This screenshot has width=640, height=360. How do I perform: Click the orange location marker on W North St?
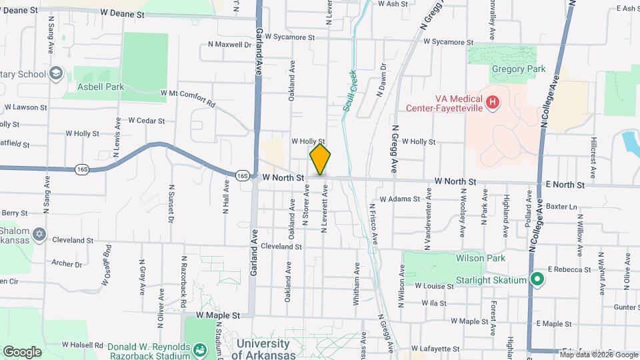[x=320, y=159]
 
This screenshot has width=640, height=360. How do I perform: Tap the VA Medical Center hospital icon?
[x=492, y=102]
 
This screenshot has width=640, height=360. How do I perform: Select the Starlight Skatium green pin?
[x=537, y=280]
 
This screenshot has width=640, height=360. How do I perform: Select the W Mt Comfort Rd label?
[x=187, y=98]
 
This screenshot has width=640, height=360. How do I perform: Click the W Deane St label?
[x=123, y=13]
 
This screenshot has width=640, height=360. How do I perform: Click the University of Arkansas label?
[x=263, y=349]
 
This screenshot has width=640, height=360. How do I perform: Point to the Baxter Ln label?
[x=561, y=207]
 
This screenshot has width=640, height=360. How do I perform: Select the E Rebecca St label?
[x=570, y=269]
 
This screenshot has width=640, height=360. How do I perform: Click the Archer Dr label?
[x=66, y=264]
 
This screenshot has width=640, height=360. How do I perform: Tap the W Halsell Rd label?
[x=83, y=345]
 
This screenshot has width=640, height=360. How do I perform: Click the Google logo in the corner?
[x=22, y=351]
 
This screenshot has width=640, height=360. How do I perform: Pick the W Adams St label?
[x=400, y=199]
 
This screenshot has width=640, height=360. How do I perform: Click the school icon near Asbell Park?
[x=57, y=72]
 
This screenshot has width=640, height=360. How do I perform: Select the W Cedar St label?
[x=146, y=121]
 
